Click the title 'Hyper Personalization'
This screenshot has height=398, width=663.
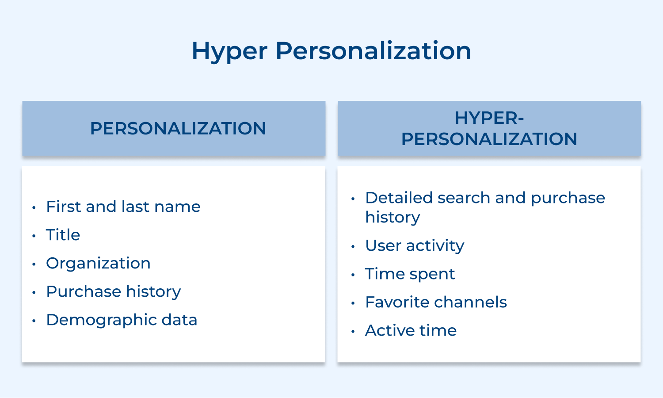(331, 51)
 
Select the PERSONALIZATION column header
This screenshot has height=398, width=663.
(178, 129)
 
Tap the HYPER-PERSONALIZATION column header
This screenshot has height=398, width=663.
(489, 129)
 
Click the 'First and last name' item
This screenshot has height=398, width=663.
(123, 207)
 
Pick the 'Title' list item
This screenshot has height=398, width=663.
(63, 235)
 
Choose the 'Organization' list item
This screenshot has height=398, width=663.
(98, 263)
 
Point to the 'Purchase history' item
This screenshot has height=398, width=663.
(114, 291)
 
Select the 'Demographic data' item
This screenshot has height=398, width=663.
(122, 320)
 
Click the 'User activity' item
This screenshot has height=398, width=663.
(415, 245)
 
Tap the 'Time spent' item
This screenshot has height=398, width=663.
(410, 274)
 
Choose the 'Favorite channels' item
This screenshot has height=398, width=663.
(436, 302)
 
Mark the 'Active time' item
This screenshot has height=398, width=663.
(411, 330)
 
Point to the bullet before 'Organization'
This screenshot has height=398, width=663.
(34, 264)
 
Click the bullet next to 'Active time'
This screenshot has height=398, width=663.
(353, 332)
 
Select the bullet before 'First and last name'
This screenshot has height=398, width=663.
(34, 208)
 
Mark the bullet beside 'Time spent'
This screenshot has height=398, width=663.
(353, 275)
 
